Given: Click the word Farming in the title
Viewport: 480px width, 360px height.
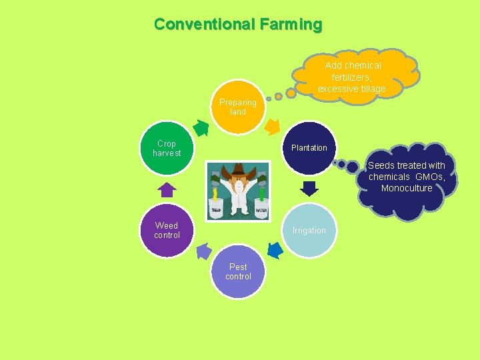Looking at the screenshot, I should (291, 25).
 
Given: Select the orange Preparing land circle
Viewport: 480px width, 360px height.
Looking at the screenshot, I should (238, 107).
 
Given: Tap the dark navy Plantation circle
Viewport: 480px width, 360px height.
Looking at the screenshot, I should (309, 148).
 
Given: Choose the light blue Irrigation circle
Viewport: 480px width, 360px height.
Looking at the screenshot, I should (309, 231).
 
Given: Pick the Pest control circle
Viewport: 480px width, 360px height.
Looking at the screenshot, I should (238, 272).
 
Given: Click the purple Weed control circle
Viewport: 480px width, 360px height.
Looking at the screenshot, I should (167, 231).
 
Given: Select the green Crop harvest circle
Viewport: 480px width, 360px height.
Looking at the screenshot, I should (167, 148).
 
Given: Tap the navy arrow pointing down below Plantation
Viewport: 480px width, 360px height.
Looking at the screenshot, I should (309, 188).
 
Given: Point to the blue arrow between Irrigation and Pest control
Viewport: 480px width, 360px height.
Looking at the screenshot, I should (275, 250).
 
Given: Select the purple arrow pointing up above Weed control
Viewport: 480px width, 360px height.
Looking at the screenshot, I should (167, 190).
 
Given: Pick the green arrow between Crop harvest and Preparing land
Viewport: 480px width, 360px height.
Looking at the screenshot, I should (201, 126).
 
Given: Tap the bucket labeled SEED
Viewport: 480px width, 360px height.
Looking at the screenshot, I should (216, 207).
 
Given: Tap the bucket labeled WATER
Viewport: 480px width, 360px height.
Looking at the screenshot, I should (261, 207).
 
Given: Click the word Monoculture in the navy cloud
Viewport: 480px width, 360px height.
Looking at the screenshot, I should (407, 188).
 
